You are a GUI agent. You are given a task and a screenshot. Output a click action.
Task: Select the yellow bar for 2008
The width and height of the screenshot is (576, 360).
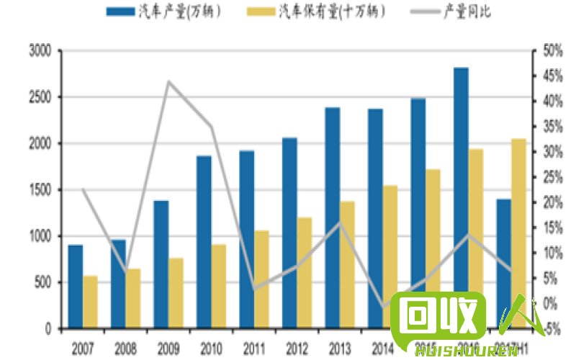coord(133,299)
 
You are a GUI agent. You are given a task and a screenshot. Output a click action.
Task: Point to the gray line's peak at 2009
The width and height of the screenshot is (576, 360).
coord(168,81)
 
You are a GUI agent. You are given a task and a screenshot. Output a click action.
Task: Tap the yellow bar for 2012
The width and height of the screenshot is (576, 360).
coord(305,273)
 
